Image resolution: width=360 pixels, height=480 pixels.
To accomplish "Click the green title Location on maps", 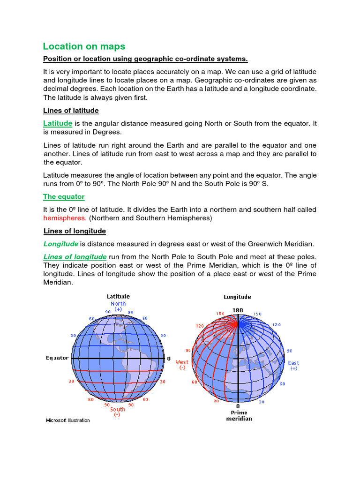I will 84,46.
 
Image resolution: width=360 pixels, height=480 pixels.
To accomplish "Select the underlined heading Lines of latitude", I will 71,111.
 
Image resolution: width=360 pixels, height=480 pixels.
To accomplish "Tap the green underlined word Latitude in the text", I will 58,123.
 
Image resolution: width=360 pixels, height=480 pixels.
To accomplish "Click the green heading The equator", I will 64,196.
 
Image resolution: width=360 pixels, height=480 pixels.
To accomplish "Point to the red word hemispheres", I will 65,218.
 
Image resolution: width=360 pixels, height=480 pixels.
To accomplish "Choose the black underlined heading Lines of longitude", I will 75,231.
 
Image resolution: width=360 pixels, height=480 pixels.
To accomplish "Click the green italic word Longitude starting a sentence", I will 60,244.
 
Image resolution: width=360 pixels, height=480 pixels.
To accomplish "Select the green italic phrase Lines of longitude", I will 75,257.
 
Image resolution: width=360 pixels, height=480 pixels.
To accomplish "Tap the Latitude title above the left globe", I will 119,296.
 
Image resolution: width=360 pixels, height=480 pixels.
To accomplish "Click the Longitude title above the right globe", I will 237,297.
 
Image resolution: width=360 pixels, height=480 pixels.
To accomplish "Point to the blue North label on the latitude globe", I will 118,304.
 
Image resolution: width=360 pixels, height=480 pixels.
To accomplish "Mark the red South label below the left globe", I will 118,409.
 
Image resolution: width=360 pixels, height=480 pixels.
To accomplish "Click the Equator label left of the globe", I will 57,358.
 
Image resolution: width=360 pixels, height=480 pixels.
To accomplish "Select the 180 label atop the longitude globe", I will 238,310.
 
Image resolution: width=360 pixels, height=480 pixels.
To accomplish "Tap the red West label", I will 182,362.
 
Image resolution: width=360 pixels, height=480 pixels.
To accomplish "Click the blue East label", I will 293,363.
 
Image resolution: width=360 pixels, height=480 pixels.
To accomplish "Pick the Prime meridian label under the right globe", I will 239,415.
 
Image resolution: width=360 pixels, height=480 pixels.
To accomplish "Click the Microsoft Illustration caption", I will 67,420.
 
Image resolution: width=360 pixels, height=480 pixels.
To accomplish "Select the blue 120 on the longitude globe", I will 277,324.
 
